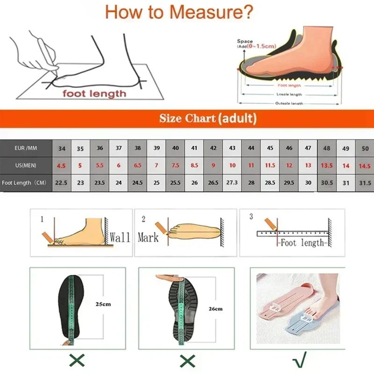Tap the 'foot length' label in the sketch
[x=95, y=94]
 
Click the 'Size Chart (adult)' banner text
[x=208, y=118]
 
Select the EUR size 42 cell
[x=213, y=148]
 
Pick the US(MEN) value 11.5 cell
[x=270, y=165]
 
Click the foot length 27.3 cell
[x=232, y=183]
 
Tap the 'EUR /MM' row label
[x=26, y=148]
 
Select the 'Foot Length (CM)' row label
[x=24, y=183]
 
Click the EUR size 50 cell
[x=365, y=148]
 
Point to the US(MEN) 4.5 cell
[x=62, y=165]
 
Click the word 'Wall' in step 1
[x=120, y=237]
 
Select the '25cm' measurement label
[x=103, y=304]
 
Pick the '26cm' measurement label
[x=216, y=309]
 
